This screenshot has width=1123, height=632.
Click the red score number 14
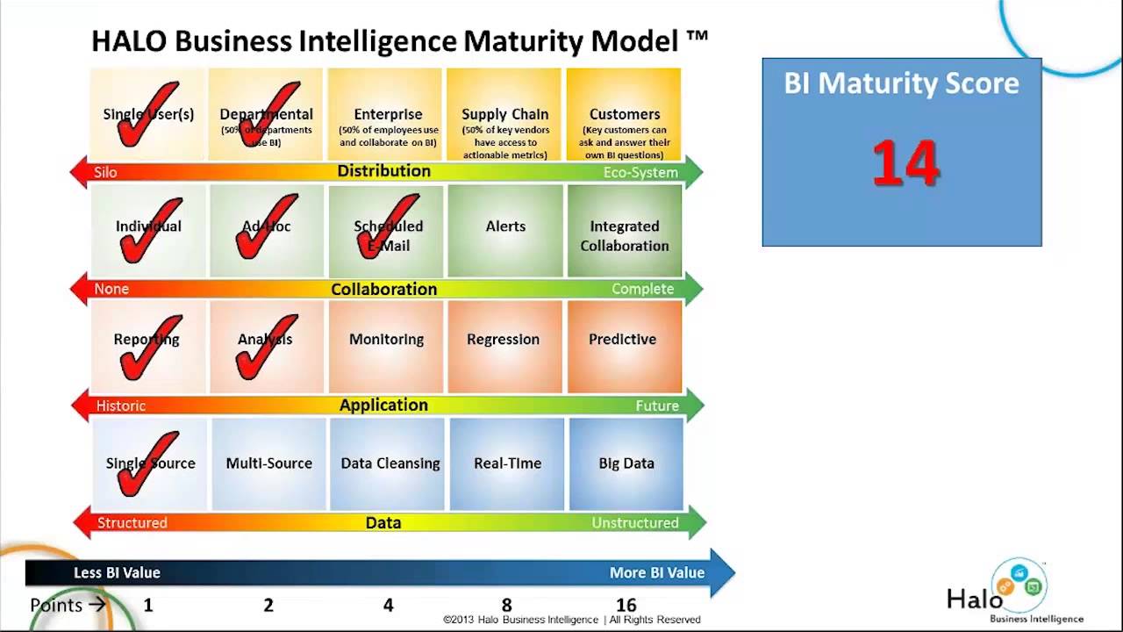[x=905, y=164]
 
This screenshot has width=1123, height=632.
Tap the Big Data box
[x=626, y=463]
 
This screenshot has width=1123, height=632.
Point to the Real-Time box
[x=507, y=463]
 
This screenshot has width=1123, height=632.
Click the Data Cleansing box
[x=389, y=463]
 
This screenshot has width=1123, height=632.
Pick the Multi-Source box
[x=268, y=463]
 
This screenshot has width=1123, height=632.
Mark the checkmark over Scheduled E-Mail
[x=386, y=228]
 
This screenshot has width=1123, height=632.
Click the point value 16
[x=626, y=605]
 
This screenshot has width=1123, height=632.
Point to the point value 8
[x=506, y=605]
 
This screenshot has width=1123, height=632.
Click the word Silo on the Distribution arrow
[x=105, y=173]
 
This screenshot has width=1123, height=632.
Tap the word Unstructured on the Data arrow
[x=634, y=522]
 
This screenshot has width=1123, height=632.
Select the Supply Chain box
[x=504, y=115]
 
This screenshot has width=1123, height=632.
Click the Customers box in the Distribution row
[x=624, y=115]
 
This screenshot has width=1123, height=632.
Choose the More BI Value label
[x=656, y=572]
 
